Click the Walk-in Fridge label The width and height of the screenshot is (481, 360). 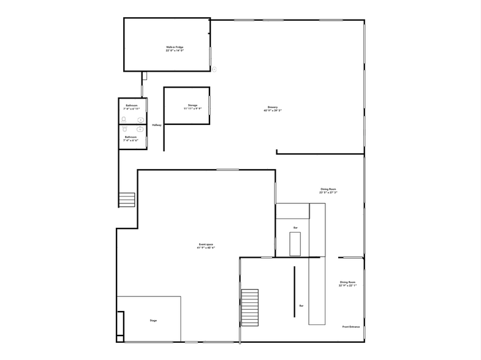[175, 47]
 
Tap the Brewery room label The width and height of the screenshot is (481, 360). [273, 107]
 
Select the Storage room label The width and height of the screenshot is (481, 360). [192, 105]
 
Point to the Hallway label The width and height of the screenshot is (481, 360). [157, 126]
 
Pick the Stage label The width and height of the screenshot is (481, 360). [153, 320]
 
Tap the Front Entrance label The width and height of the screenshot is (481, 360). [350, 326]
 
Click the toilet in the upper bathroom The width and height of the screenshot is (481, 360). [124, 119]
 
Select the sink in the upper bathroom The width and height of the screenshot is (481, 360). [141, 119]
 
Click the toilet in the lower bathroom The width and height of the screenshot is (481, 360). [124, 129]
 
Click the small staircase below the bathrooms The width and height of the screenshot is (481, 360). [127, 200]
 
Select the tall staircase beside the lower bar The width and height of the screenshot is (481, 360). [250, 309]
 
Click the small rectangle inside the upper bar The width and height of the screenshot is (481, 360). [296, 244]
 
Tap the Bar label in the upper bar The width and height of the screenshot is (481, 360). [295, 228]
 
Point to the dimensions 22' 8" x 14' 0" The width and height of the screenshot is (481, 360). [175, 50]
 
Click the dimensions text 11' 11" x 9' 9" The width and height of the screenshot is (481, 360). [192, 108]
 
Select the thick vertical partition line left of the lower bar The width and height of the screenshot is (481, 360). [294, 291]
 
